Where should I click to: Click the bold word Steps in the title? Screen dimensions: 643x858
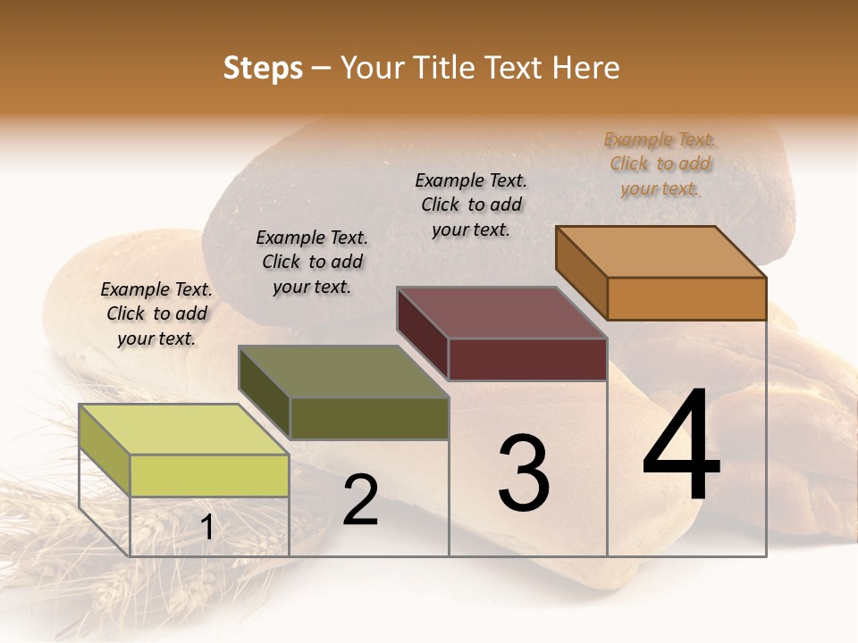click(x=263, y=68)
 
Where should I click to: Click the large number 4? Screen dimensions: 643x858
click(x=682, y=446)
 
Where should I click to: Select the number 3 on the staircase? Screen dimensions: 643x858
click(x=524, y=473)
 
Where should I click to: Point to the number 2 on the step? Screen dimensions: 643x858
click(x=360, y=500)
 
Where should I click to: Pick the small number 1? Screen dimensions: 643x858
click(x=206, y=528)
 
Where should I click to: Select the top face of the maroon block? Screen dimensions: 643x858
click(x=501, y=313)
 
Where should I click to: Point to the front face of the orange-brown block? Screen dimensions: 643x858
click(x=686, y=298)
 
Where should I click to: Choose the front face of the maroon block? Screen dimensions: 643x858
click(x=527, y=359)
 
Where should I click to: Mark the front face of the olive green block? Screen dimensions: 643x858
click(x=369, y=418)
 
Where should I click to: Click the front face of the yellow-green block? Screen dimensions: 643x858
click(x=210, y=475)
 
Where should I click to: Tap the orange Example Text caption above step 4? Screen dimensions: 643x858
click(x=660, y=163)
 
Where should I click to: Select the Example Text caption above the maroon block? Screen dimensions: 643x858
click(x=471, y=205)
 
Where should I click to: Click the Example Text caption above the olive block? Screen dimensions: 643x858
click(x=312, y=262)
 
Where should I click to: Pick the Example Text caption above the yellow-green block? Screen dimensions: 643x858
click(x=156, y=313)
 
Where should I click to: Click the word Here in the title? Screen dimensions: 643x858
click(x=586, y=68)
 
